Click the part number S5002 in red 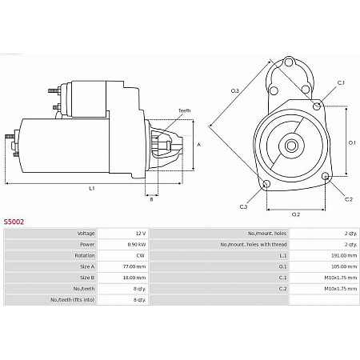(x=14, y=221)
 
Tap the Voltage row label (x=86, y=233)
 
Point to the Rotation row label (x=85, y=256)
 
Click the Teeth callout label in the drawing (x=184, y=110)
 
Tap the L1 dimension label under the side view (x=91, y=189)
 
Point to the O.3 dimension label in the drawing (x=234, y=91)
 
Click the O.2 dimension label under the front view (x=295, y=214)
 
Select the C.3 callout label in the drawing (x=243, y=206)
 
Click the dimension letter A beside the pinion (x=198, y=145)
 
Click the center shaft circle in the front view (x=291, y=145)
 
